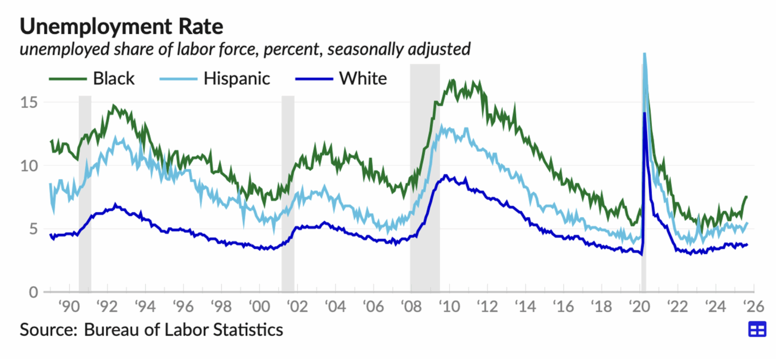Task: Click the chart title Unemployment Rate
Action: coord(121,25)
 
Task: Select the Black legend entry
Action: coord(114,79)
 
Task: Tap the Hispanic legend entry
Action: coord(237,79)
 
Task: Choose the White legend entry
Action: coord(363,79)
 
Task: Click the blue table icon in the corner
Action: coord(757,329)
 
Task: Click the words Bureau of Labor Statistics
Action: coord(183,329)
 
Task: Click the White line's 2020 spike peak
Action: coord(644,113)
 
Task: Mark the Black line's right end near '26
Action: coord(746,197)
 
